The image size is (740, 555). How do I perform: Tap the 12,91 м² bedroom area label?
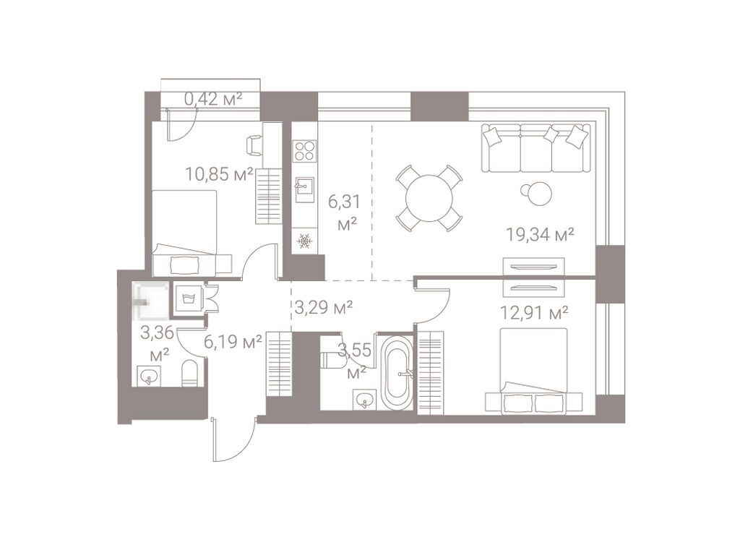pyautogui.click(x=534, y=312)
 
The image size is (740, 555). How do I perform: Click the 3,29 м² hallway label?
pyautogui.click(x=324, y=308)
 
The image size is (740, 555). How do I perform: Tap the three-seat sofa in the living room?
pyautogui.click(x=535, y=147)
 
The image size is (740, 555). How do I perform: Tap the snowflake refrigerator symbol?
pyautogui.click(x=304, y=241)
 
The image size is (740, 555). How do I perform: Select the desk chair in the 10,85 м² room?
pyautogui.click(x=254, y=145)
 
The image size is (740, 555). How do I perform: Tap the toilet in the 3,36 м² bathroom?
pyautogui.click(x=190, y=373)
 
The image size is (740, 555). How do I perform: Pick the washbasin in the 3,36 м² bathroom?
pyautogui.click(x=150, y=377)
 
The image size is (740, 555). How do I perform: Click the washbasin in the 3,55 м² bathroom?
pyautogui.click(x=365, y=398)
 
